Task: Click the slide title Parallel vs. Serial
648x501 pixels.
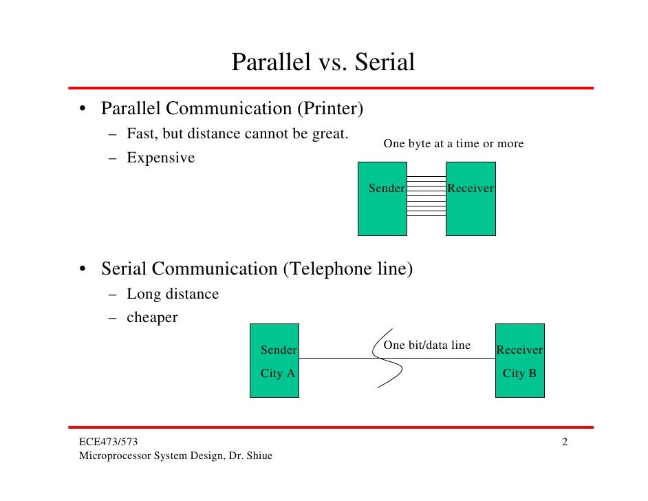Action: click(x=323, y=63)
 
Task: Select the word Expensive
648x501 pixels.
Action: click(x=160, y=158)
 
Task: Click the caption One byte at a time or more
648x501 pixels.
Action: click(x=453, y=144)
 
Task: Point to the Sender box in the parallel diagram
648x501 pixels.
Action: click(x=382, y=198)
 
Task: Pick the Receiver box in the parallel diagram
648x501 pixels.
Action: click(x=471, y=198)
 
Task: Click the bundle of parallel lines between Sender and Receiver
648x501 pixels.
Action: click(x=426, y=196)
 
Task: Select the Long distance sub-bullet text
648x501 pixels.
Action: click(x=173, y=294)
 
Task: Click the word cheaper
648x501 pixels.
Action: click(x=152, y=317)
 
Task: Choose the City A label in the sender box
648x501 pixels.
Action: click(x=277, y=374)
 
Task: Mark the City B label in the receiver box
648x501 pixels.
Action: click(x=519, y=374)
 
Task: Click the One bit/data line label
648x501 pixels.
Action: click(x=426, y=345)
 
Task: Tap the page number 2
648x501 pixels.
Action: click(x=564, y=442)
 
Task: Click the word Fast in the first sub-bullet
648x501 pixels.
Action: click(x=140, y=134)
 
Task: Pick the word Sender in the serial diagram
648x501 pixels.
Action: click(x=278, y=350)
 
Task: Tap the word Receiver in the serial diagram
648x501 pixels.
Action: click(x=519, y=350)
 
